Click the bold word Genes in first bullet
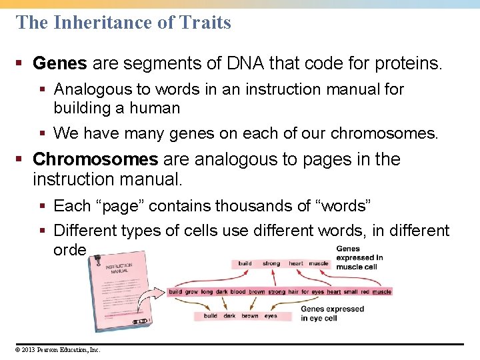tap(59, 63)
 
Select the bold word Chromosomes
tap(95, 159)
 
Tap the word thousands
tap(231, 206)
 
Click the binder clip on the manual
tap(140, 321)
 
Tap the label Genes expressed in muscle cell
tap(359, 257)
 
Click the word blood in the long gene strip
tap(238, 292)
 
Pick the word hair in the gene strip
tap(293, 292)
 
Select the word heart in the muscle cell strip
tap(296, 263)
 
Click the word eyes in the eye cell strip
tap(271, 316)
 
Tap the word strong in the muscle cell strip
tap(271, 263)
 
